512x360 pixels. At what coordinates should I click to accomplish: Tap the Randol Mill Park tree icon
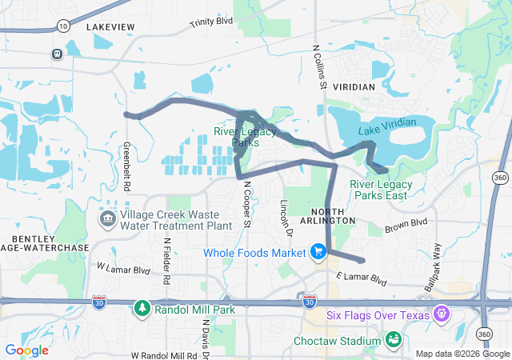pos(142,308)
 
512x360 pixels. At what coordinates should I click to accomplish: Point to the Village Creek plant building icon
pos(107,218)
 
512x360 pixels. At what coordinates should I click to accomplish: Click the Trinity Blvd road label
pos(211,21)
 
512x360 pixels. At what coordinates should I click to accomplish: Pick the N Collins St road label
pos(319,67)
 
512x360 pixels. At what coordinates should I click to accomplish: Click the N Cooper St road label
pos(247,203)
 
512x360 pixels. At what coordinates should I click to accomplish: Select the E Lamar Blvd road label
pos(361,280)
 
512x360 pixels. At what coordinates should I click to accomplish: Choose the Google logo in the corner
pos(26,350)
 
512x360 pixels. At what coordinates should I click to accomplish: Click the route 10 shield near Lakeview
pos(63,26)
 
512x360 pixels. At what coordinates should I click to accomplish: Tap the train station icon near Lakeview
pos(58,54)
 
